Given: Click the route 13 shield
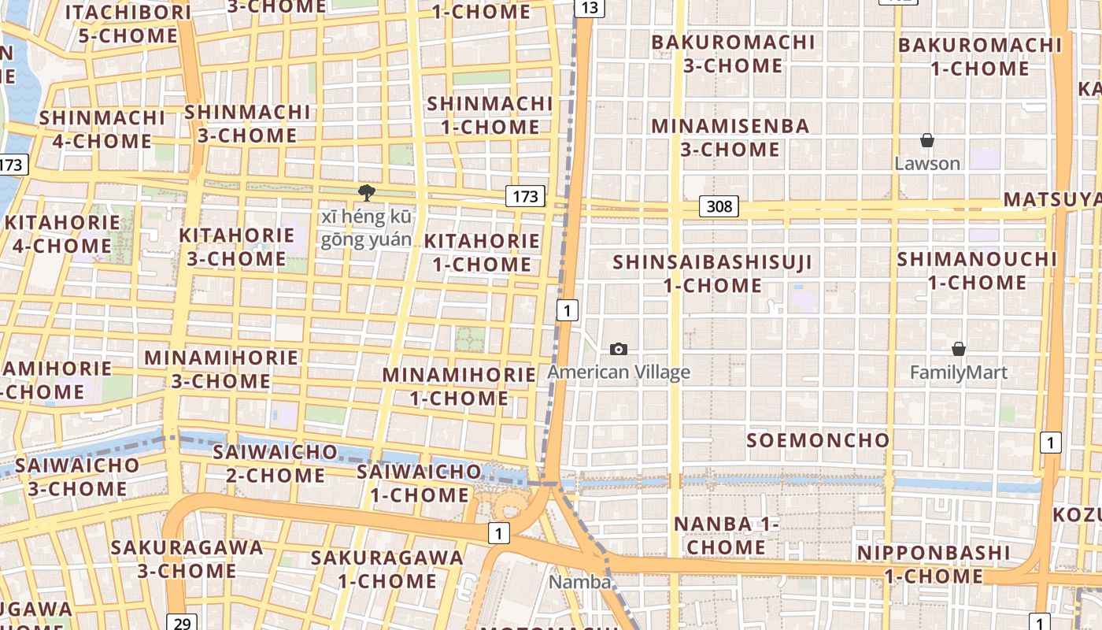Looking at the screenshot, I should click(590, 8).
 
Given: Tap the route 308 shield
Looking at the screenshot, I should click(719, 207).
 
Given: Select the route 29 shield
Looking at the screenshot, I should click(182, 623).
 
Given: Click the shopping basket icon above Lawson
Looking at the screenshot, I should click(927, 141).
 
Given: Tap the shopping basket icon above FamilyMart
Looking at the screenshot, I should click(959, 349).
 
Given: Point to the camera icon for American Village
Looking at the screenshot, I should click(619, 349).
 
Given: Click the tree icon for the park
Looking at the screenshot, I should click(366, 192).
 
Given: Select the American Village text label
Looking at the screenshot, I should click(619, 372).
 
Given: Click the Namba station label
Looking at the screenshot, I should click(580, 582).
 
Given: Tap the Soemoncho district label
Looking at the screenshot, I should click(818, 440).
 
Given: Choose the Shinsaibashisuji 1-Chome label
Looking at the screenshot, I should click(712, 273).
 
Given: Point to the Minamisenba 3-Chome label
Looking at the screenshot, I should click(730, 137).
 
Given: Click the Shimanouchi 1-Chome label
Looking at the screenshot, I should click(976, 270).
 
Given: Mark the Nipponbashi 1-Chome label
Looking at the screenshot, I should click(934, 564).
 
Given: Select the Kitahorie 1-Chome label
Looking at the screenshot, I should click(483, 252).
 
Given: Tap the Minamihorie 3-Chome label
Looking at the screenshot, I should click(221, 369).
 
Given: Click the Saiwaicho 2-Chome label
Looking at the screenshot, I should click(275, 463).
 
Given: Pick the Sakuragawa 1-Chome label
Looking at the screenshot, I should click(386, 569).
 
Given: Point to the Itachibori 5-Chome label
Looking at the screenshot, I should click(128, 24).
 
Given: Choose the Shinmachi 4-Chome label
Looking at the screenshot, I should click(102, 129).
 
